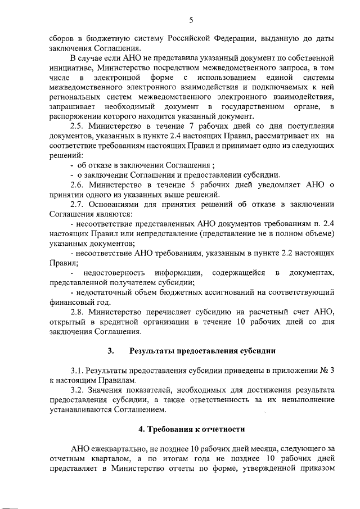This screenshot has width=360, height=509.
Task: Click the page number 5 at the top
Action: point(191,21)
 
